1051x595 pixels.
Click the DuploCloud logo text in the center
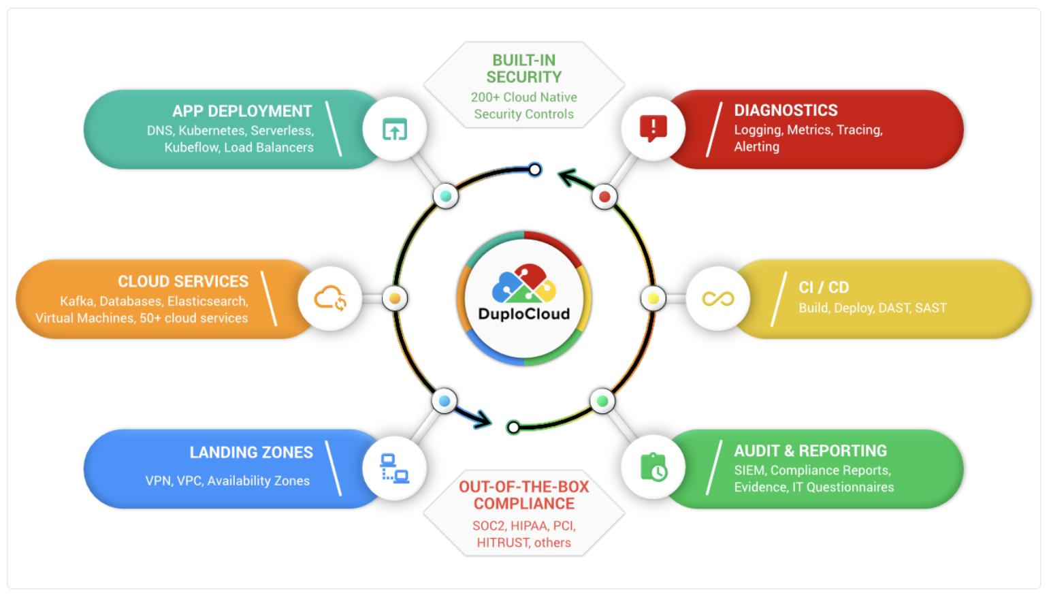tap(524, 314)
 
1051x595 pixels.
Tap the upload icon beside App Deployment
tap(395, 129)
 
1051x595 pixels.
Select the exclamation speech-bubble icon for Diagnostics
tap(653, 128)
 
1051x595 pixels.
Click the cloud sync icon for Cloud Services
tap(330, 298)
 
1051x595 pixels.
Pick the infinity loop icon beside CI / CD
tap(718, 298)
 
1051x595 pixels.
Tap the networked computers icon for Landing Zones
tap(395, 468)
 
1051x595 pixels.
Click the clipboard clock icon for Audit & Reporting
tap(653, 468)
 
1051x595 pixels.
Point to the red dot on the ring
tap(604, 197)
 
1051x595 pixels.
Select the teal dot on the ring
tap(446, 196)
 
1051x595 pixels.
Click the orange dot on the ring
tap(395, 298)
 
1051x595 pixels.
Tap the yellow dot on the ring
tap(653, 298)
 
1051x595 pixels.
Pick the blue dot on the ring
tap(444, 401)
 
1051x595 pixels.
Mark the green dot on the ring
tap(602, 401)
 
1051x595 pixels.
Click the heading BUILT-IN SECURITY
tap(524, 69)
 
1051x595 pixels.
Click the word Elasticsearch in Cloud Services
tap(208, 301)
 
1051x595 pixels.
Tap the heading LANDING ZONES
tap(251, 453)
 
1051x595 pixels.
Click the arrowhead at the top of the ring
tap(566, 176)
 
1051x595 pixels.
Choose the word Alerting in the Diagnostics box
tap(756, 147)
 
